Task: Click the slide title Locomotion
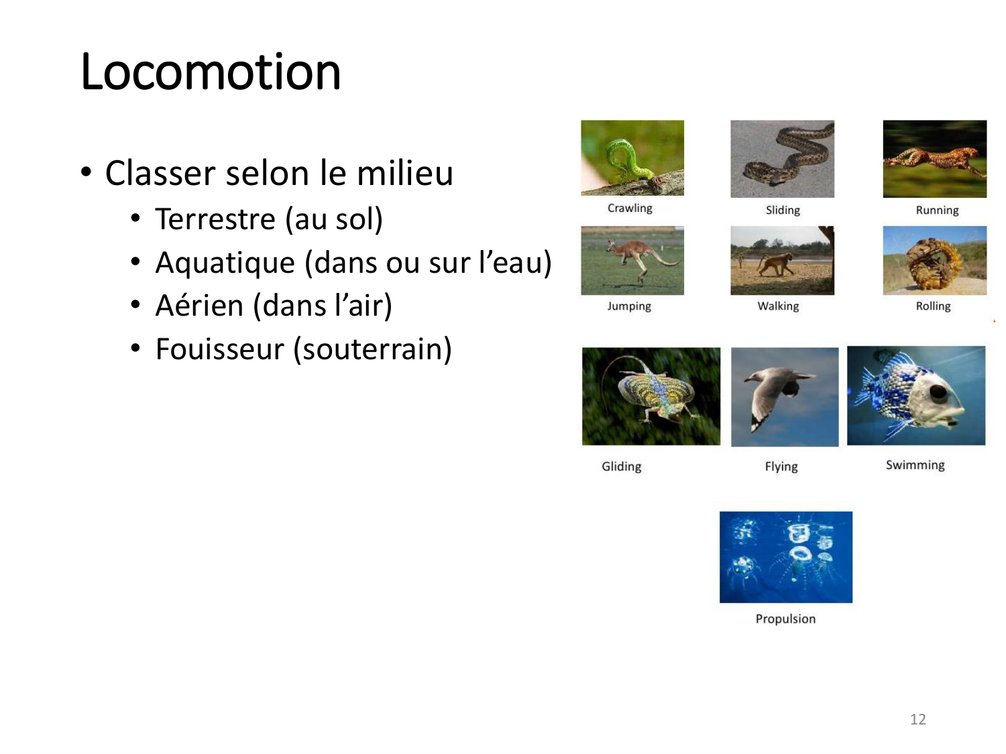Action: click(x=211, y=72)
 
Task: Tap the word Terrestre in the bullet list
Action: click(x=215, y=219)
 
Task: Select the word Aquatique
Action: click(x=225, y=263)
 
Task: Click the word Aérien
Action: click(x=199, y=305)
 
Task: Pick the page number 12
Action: click(x=917, y=719)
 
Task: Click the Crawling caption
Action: click(x=630, y=208)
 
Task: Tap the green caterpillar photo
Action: click(x=632, y=158)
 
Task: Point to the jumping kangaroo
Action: click(x=638, y=259)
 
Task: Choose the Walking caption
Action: click(x=778, y=306)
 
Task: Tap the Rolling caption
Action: click(x=933, y=306)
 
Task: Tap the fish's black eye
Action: click(x=938, y=392)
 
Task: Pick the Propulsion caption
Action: click(x=785, y=619)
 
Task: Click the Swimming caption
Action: click(x=915, y=465)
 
